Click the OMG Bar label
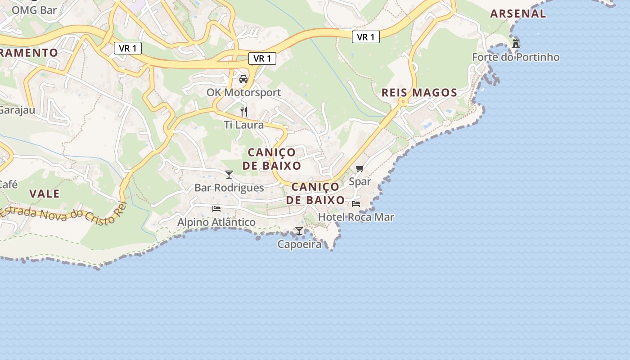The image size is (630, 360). (34, 10)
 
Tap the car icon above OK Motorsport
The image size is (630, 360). (243, 79)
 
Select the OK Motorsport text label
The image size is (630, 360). (243, 93)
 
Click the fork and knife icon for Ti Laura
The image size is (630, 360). (244, 111)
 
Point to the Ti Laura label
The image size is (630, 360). (244, 125)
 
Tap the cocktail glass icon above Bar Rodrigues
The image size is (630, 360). (229, 175)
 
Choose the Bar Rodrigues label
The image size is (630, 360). (229, 188)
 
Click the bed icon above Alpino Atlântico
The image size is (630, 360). (216, 209)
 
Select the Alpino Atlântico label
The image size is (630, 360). (216, 222)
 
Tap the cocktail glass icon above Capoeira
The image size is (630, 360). (299, 231)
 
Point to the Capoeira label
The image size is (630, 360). (299, 244)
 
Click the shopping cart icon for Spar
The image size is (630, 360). (360, 169)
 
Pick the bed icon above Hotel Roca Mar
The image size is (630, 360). (356, 204)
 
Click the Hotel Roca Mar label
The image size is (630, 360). (356, 217)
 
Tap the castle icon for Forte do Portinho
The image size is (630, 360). (516, 44)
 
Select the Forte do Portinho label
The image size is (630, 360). (516, 57)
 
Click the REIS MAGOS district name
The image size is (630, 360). (419, 93)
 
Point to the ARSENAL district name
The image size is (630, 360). (518, 13)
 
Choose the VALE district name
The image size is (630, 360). (45, 193)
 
